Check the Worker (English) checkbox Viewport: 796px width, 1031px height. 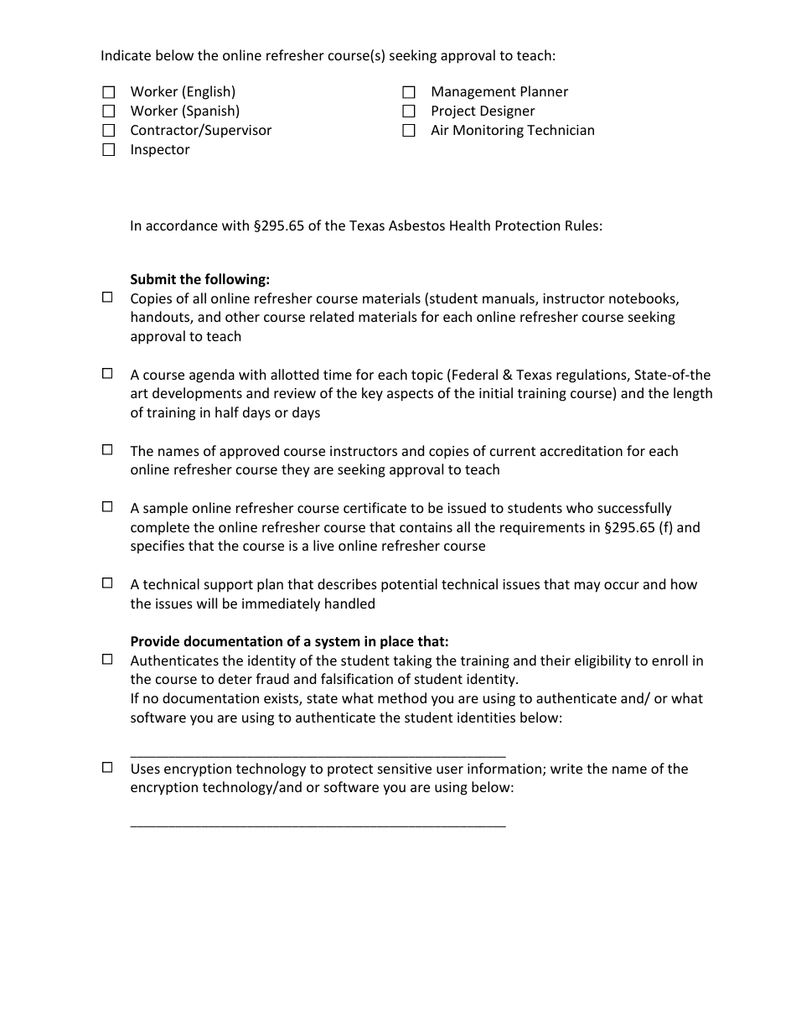click(108, 92)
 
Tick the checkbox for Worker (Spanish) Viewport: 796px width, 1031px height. click(108, 111)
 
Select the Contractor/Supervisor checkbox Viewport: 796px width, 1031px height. click(108, 131)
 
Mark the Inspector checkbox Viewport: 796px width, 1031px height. click(108, 150)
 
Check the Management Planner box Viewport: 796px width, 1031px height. click(409, 92)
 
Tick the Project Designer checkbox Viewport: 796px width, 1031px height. click(409, 111)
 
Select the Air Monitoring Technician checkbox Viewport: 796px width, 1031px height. click(409, 131)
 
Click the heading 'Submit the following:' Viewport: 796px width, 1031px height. click(199, 279)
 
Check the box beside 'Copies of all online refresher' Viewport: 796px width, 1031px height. click(107, 297)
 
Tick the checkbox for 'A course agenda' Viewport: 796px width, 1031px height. click(107, 373)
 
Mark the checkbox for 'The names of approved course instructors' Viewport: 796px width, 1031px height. click(107, 449)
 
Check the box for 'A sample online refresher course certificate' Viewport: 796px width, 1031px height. click(107, 506)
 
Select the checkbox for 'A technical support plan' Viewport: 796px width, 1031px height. click(107, 583)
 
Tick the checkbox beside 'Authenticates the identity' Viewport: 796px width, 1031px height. click(107, 659)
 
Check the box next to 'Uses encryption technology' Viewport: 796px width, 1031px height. click(107, 767)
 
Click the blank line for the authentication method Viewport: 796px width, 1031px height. click(318, 750)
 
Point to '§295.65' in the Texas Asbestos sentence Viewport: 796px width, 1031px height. click(281, 226)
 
